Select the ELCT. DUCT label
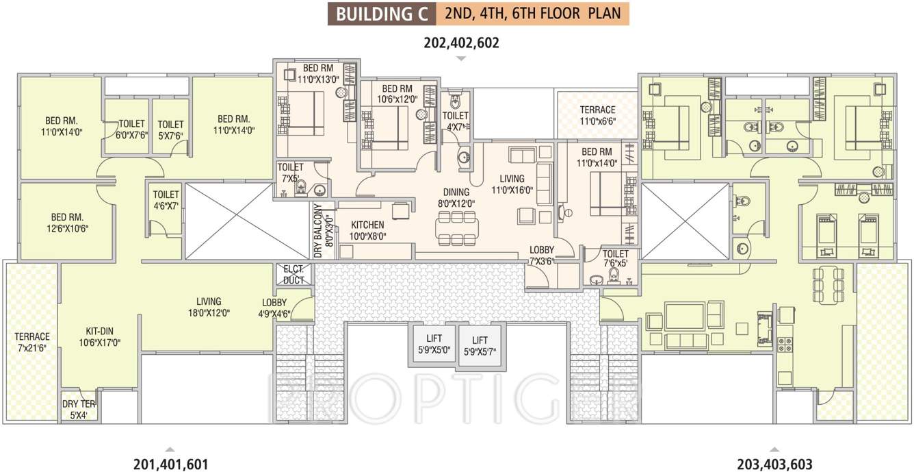(x=293, y=274)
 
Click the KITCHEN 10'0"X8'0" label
(x=367, y=230)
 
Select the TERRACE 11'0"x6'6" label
(x=597, y=115)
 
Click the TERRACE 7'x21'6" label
(x=32, y=342)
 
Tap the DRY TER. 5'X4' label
(x=79, y=409)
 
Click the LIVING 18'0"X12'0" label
(x=208, y=306)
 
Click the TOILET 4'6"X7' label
(x=166, y=200)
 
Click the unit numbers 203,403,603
(x=774, y=464)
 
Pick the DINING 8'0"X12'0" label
(x=456, y=198)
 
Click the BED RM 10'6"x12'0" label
(x=397, y=94)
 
